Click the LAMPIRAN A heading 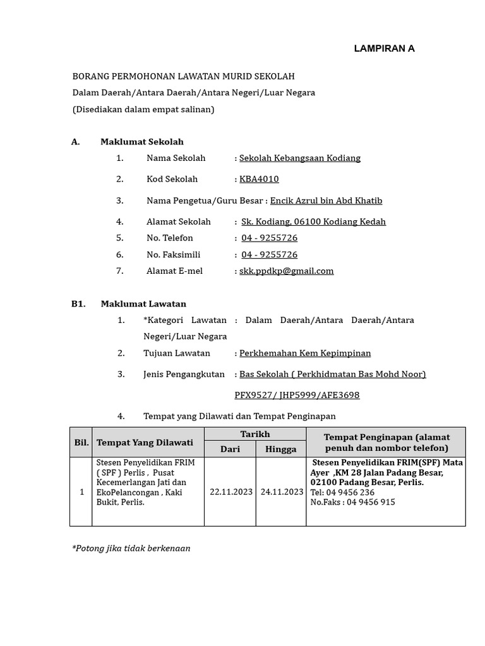point(384,49)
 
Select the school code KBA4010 point(259,179)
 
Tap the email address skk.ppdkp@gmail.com point(286,271)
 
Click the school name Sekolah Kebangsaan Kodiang point(300,158)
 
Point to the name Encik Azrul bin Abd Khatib point(326,201)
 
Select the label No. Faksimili point(173,255)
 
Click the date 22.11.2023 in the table point(230,492)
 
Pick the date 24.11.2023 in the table point(281,492)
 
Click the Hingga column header point(281,449)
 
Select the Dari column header point(230,449)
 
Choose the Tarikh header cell point(255,434)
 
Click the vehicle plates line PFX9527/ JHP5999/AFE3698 point(297,396)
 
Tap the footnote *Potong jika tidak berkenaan point(131,548)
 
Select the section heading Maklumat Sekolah point(142,142)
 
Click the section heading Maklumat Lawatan point(143,304)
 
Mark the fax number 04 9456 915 point(353,502)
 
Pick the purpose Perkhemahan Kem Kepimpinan point(305,353)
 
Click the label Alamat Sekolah point(179,222)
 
